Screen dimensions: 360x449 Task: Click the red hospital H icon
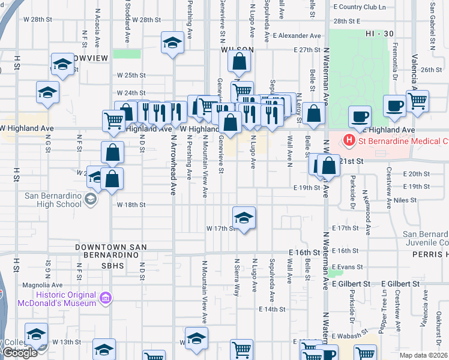tap(348, 141)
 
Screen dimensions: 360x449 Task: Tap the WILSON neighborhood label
tap(237, 51)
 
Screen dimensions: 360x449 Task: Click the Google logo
tap(20, 353)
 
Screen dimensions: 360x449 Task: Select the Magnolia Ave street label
tap(32, 286)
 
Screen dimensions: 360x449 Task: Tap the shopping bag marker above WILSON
tap(239, 61)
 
